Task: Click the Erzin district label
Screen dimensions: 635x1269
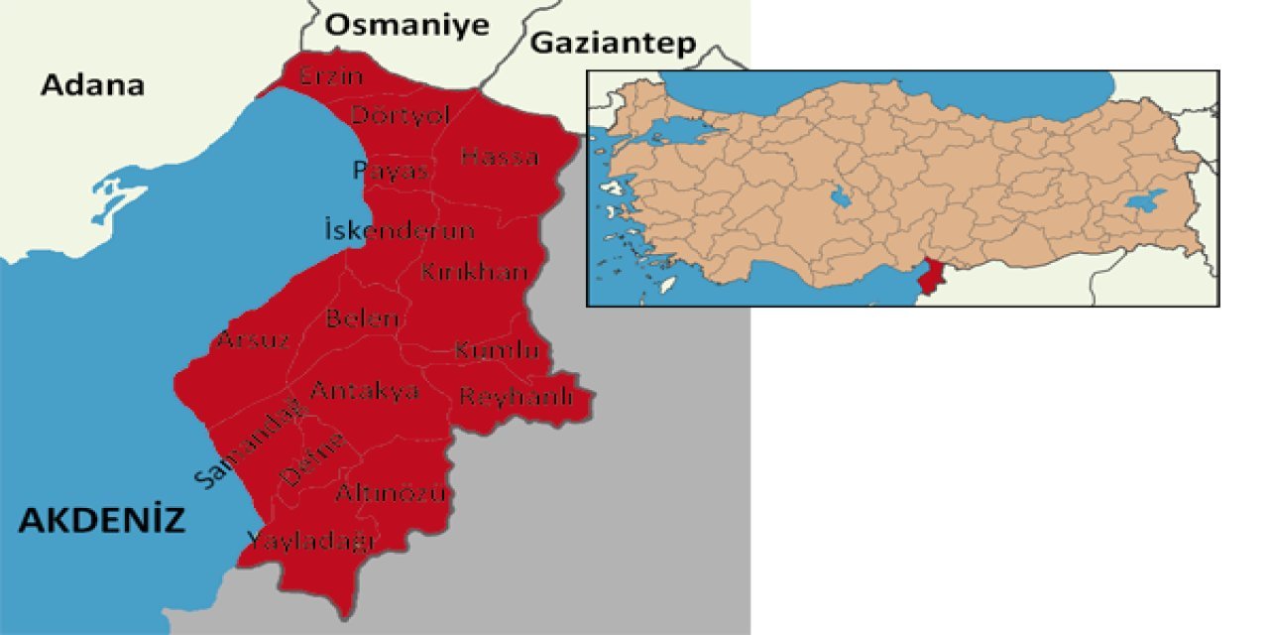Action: pyautogui.click(x=332, y=76)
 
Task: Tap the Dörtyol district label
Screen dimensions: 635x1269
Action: pyautogui.click(x=401, y=115)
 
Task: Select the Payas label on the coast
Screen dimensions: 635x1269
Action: pyautogui.click(x=391, y=171)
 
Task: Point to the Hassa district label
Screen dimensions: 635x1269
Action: pyautogui.click(x=500, y=157)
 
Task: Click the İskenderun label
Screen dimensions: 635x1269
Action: pyautogui.click(x=400, y=231)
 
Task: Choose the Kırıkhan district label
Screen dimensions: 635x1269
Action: pyautogui.click(x=473, y=272)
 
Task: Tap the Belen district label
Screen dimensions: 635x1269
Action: pyautogui.click(x=363, y=319)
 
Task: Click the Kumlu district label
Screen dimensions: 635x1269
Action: pyautogui.click(x=496, y=350)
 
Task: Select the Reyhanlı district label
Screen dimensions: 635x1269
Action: pyautogui.click(x=516, y=397)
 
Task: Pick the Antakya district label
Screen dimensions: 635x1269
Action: pyautogui.click(x=364, y=391)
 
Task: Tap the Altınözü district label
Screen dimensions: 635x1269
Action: pyautogui.click(x=391, y=493)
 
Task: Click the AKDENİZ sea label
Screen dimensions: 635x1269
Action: pyautogui.click(x=102, y=520)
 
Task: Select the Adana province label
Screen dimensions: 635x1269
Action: pyautogui.click(x=92, y=85)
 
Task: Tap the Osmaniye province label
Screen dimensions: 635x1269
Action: pyautogui.click(x=407, y=26)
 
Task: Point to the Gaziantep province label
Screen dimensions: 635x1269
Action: pyautogui.click(x=613, y=43)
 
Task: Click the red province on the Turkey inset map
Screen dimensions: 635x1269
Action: pyautogui.click(x=930, y=278)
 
